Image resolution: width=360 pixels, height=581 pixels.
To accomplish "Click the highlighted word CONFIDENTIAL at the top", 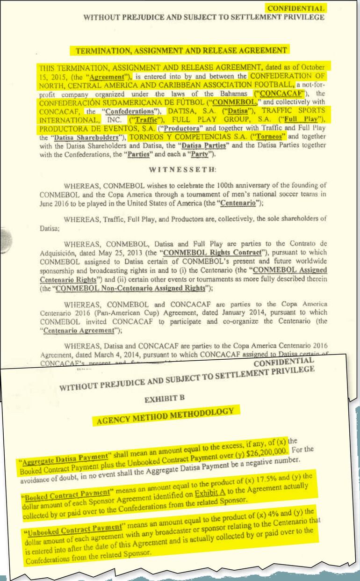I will (296, 8).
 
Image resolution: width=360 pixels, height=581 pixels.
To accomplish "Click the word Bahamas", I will (233, 93).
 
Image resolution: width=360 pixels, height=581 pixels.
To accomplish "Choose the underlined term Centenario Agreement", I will (79, 331).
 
